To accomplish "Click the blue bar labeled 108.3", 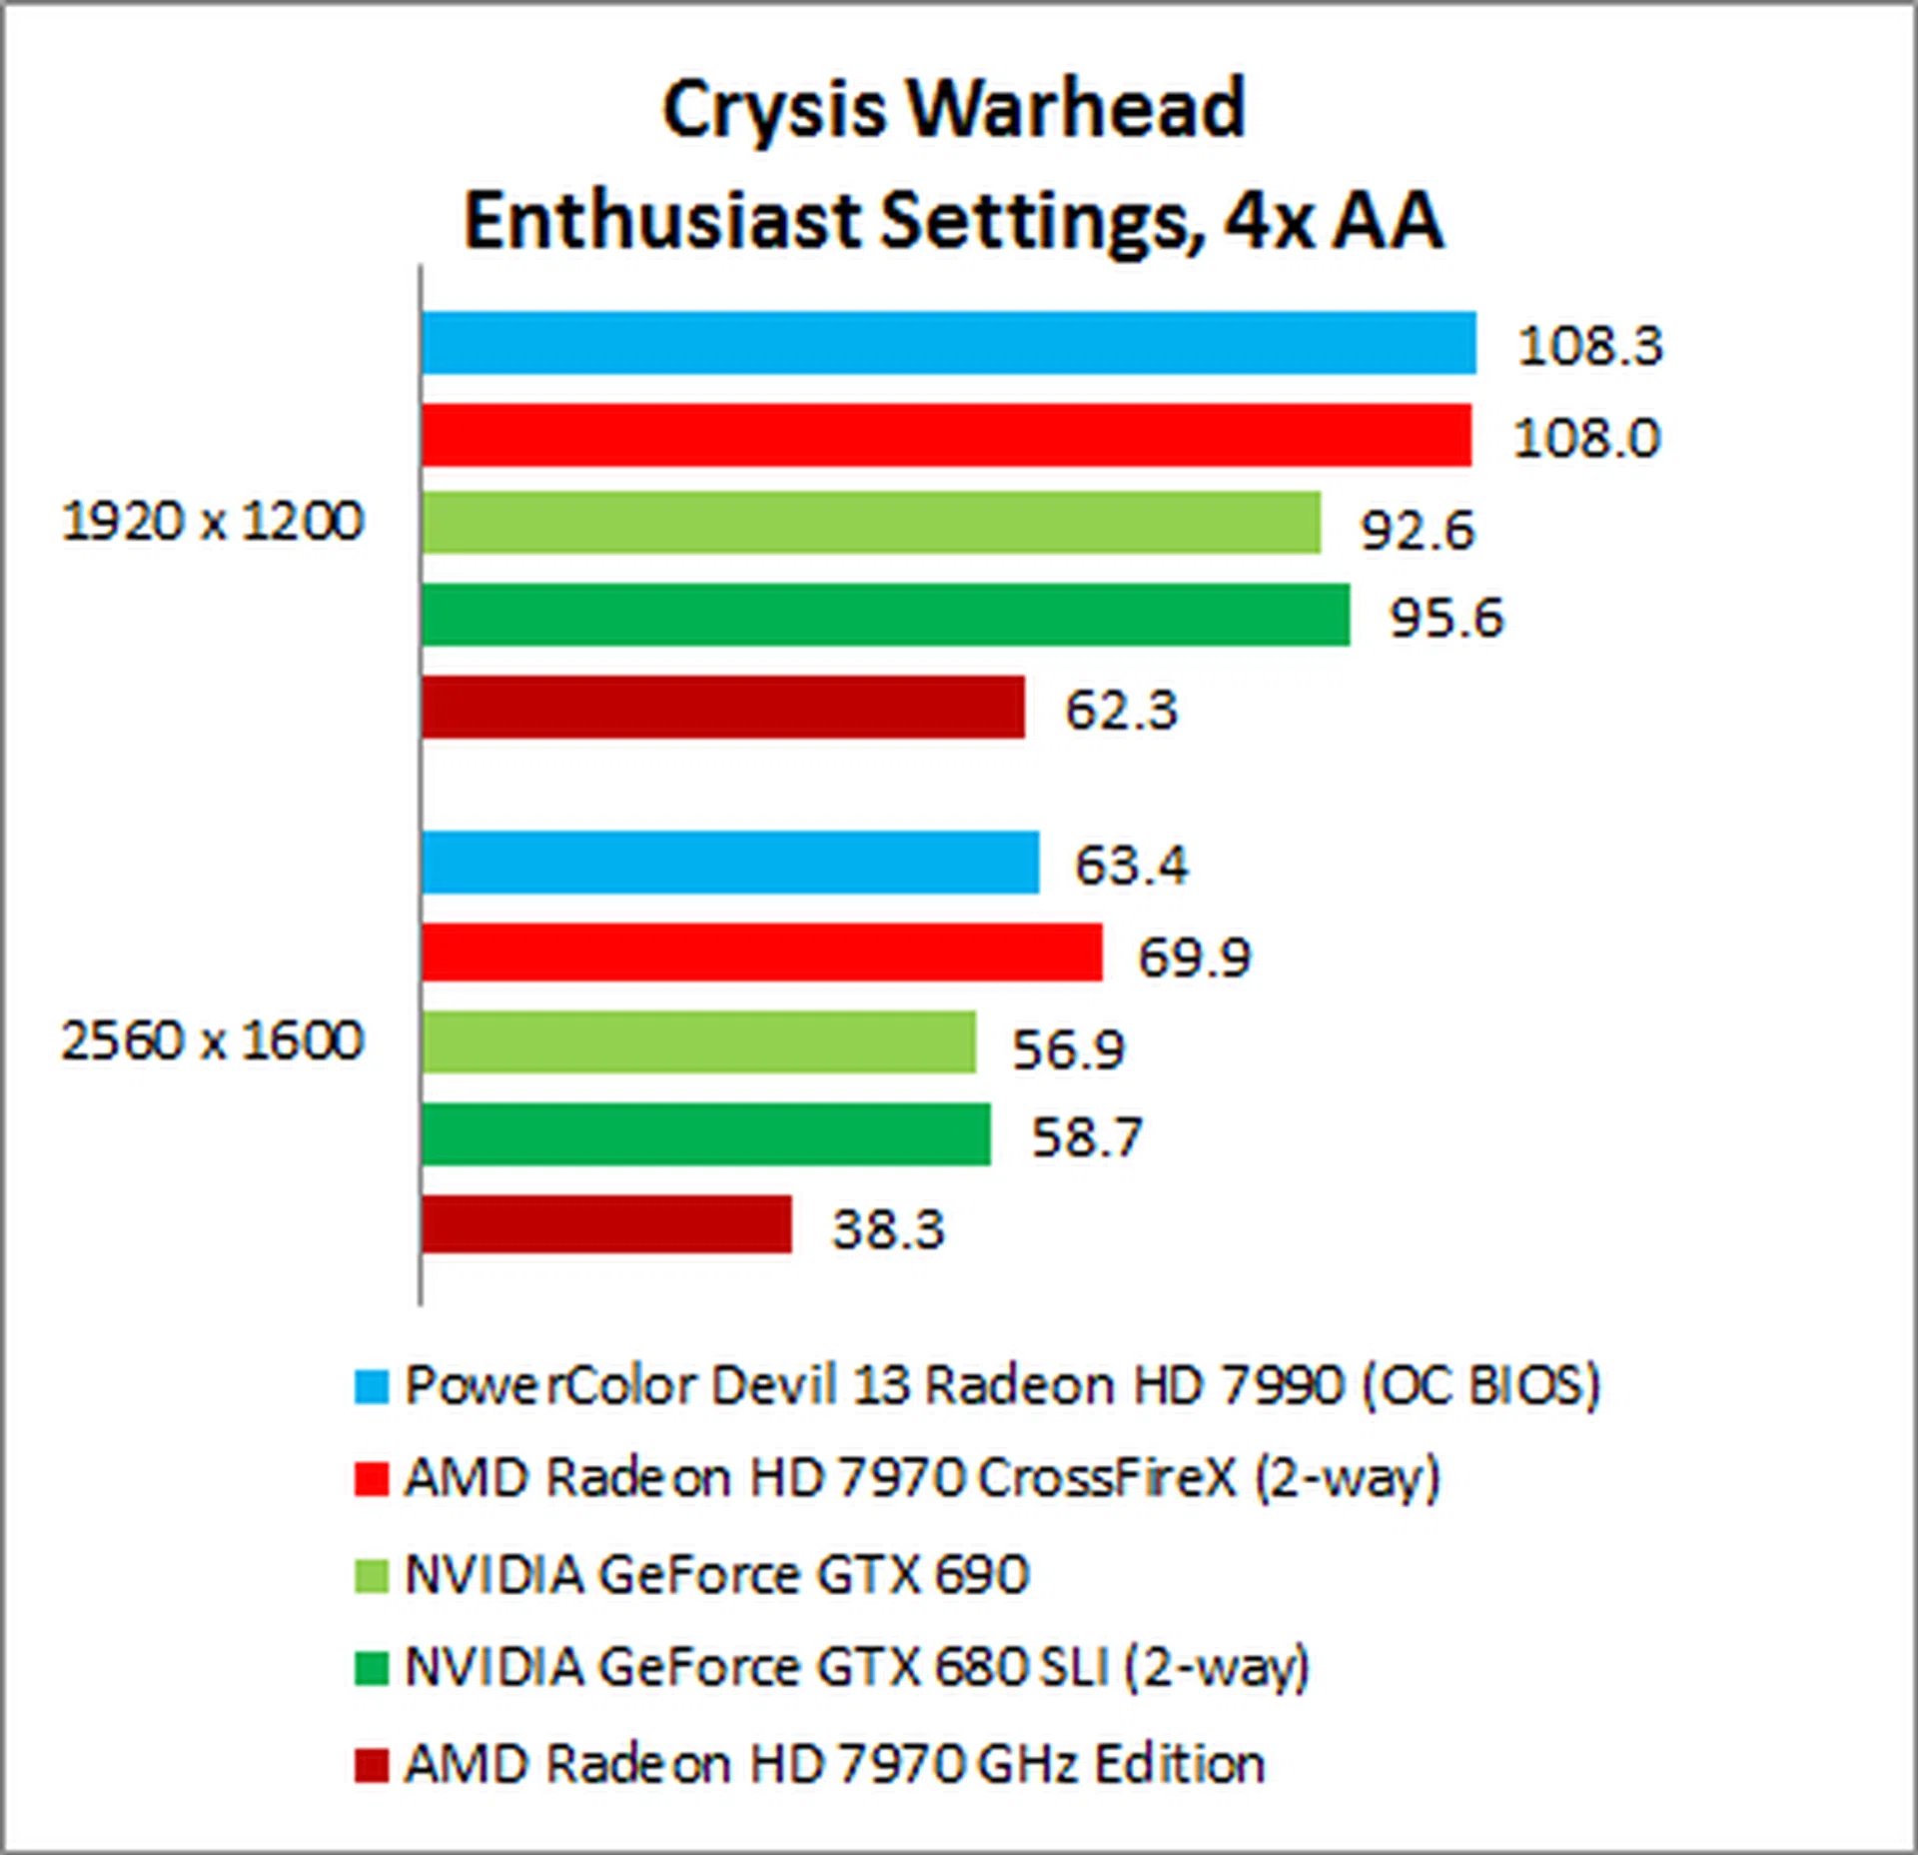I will click(x=948, y=343).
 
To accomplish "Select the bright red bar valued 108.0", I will click(x=946, y=435).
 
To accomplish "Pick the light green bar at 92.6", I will click(x=870, y=523).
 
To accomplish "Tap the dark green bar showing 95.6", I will click(x=885, y=615).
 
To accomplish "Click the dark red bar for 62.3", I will click(x=722, y=707).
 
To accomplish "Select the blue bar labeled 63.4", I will click(x=729, y=862).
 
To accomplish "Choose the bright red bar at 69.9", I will click(x=761, y=952).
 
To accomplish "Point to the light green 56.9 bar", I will click(x=698, y=1042).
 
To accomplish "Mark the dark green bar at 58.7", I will click(x=705, y=1133).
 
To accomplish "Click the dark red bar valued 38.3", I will click(x=606, y=1224).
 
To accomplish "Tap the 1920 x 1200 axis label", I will click(x=213, y=522).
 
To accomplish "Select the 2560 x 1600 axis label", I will click(x=213, y=1040).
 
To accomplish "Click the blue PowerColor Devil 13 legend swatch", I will click(x=371, y=1387).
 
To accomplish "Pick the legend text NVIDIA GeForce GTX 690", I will click(x=716, y=1575).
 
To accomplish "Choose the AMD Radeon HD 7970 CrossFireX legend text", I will click(x=922, y=1478).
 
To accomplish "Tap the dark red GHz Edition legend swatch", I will click(x=371, y=1765).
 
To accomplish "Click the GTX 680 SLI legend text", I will click(x=856, y=1667).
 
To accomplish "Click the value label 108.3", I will click(x=1589, y=346).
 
